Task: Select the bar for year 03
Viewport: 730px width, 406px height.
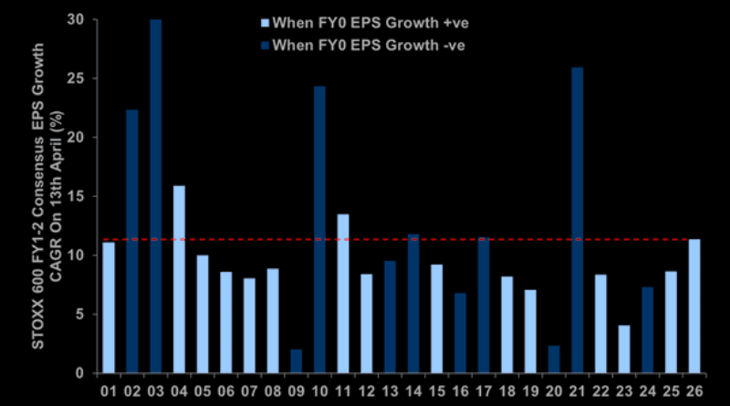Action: click(x=156, y=196)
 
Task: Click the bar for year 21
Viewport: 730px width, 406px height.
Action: click(x=577, y=220)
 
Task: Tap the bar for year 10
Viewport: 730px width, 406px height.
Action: click(x=319, y=229)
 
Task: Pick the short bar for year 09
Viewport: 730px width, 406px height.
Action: click(x=296, y=360)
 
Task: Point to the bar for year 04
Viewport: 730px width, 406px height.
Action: click(x=179, y=279)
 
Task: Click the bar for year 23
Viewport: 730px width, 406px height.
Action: click(x=623, y=349)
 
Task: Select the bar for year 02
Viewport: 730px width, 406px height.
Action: click(x=132, y=241)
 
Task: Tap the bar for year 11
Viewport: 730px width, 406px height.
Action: click(x=343, y=293)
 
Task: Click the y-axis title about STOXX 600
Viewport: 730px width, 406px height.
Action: click(x=26, y=196)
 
